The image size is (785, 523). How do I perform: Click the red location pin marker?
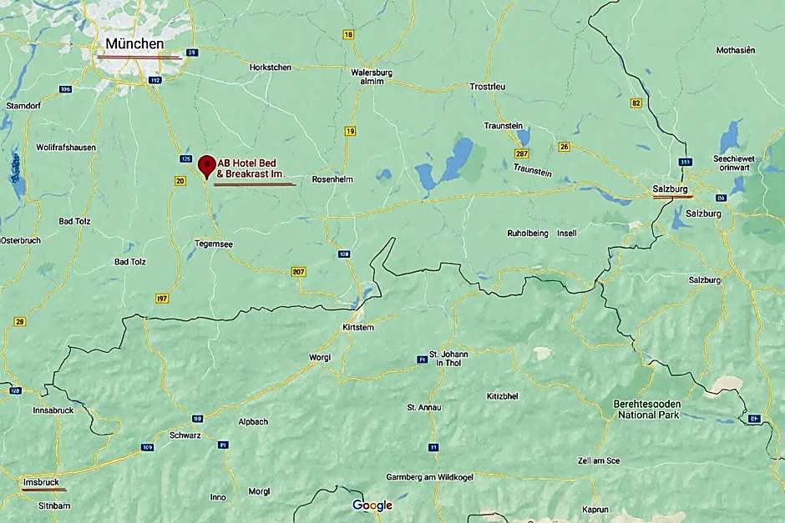pyautogui.click(x=206, y=164)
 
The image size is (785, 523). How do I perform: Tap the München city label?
pyautogui.click(x=134, y=43)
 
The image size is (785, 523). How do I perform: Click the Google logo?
pyautogui.click(x=372, y=505)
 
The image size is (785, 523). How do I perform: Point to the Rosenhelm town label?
pyautogui.click(x=333, y=179)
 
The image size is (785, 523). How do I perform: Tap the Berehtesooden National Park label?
pyautogui.click(x=647, y=409)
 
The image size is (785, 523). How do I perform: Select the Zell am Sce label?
pyautogui.click(x=599, y=460)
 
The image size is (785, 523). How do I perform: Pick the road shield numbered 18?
pyautogui.click(x=348, y=35)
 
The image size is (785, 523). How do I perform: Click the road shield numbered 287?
pyautogui.click(x=522, y=154)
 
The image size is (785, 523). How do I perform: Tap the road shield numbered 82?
pyautogui.click(x=636, y=103)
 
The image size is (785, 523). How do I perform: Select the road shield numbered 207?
pyautogui.click(x=299, y=272)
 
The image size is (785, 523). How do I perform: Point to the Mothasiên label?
pyautogui.click(x=736, y=50)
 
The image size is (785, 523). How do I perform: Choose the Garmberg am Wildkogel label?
pyautogui.click(x=431, y=477)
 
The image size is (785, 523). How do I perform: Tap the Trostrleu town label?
pyautogui.click(x=488, y=87)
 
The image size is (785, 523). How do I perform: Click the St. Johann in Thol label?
pyautogui.click(x=448, y=359)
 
